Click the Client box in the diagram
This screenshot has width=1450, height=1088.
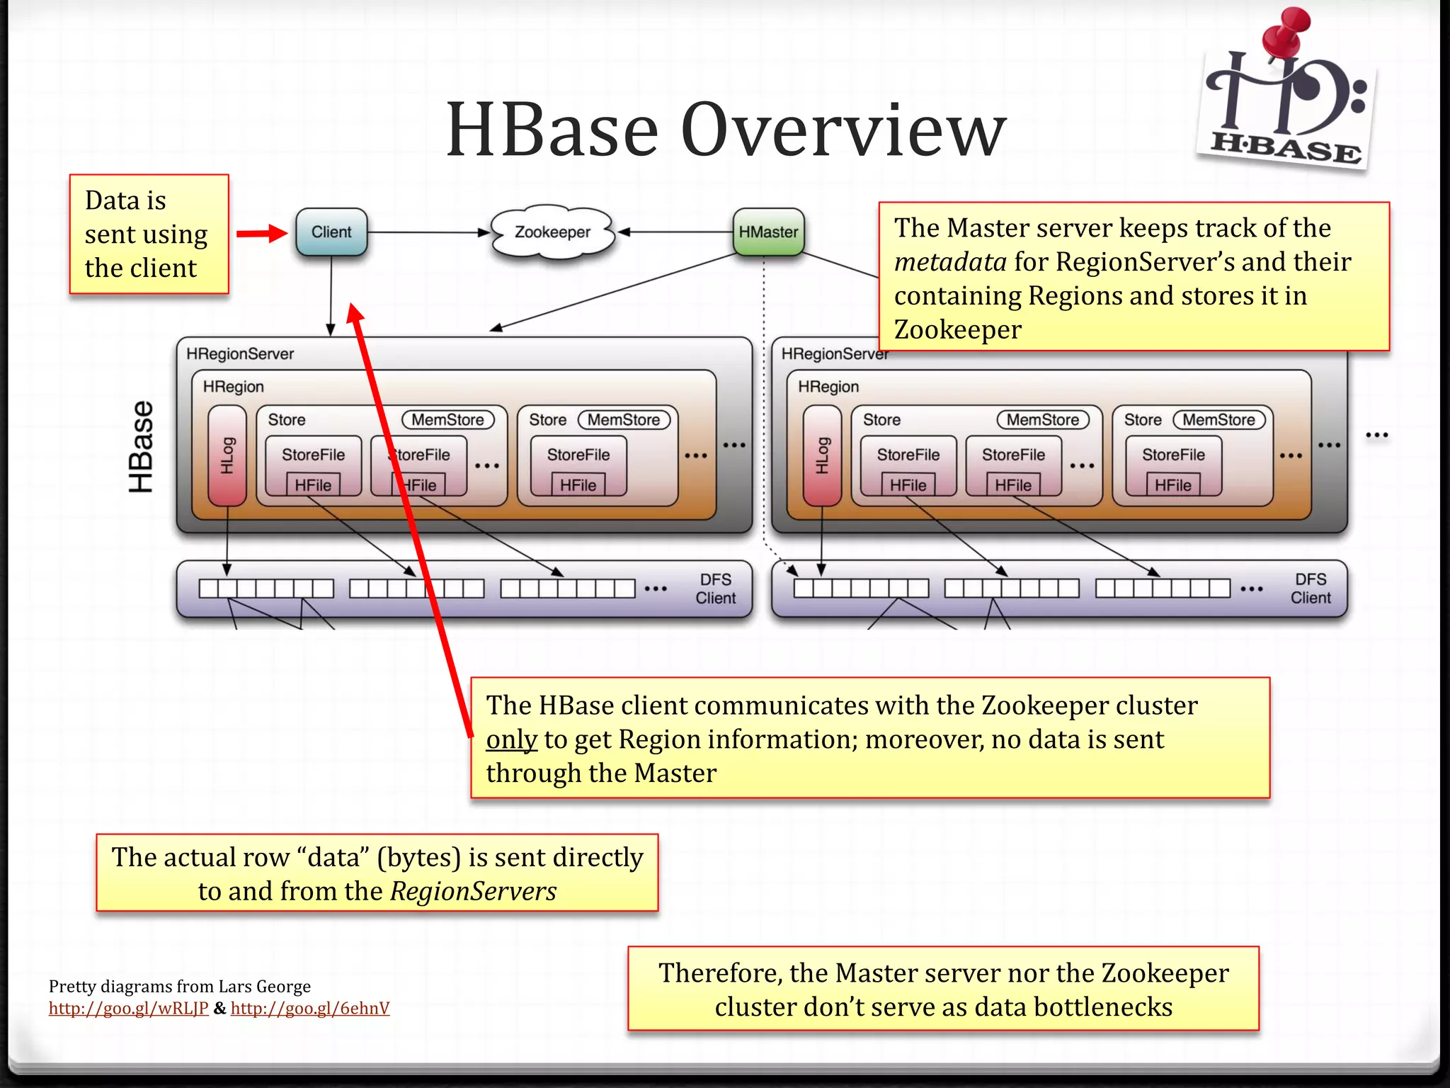tap(331, 232)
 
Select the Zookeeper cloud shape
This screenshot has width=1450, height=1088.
tap(552, 232)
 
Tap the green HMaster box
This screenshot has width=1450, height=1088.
tap(768, 232)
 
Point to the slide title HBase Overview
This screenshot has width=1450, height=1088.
tap(726, 130)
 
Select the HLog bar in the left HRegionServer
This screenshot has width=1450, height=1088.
tap(227, 455)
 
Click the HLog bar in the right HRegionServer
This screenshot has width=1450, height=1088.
tap(822, 455)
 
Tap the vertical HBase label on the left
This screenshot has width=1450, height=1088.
tap(141, 446)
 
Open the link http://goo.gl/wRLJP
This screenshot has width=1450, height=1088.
tap(128, 1008)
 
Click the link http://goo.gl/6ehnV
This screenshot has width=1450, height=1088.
tap(310, 1008)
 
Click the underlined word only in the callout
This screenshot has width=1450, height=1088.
tap(511, 739)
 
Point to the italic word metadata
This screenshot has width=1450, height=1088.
tap(949, 262)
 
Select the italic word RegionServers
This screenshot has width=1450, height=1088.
tap(473, 891)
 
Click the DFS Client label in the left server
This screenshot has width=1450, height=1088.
tap(715, 589)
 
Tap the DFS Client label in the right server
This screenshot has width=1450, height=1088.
tap(1310, 589)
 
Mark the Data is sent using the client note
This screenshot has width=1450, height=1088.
tap(149, 234)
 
